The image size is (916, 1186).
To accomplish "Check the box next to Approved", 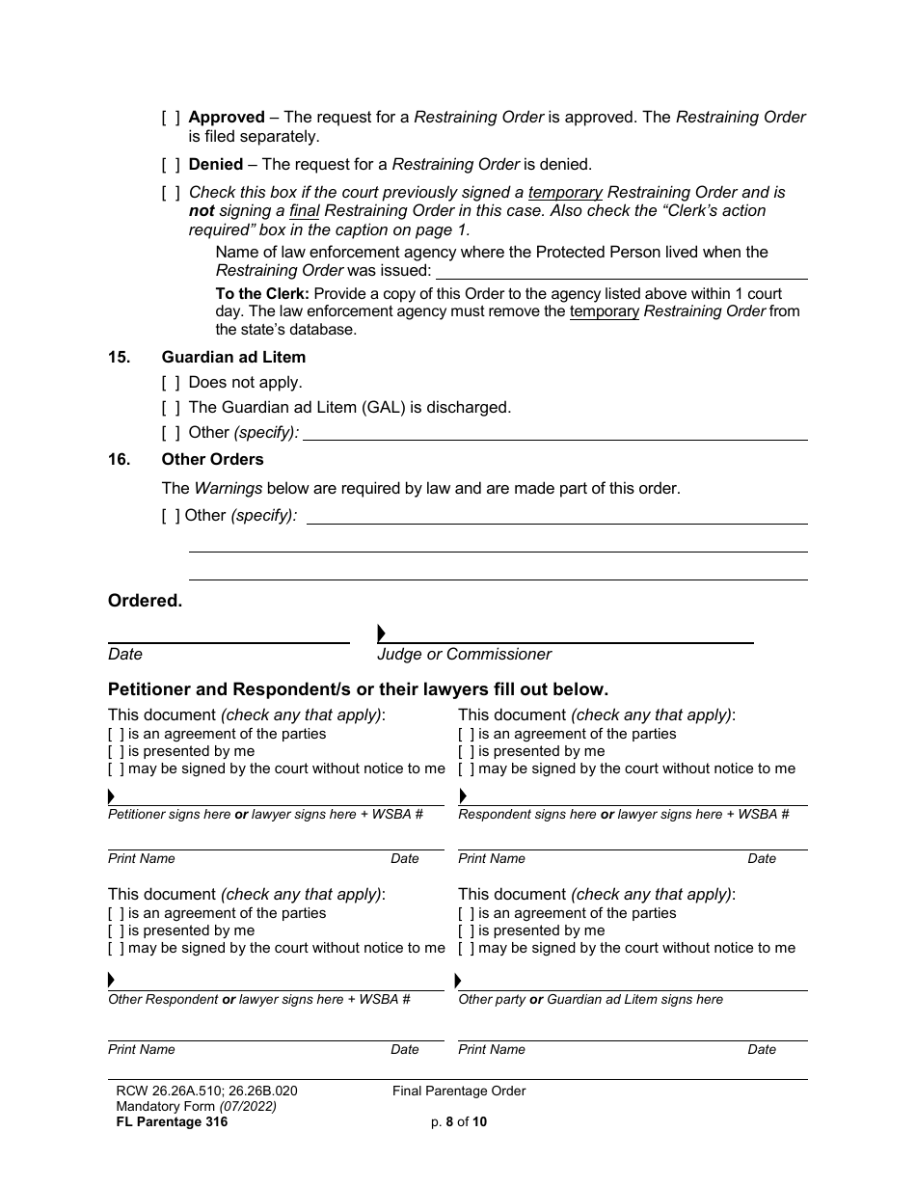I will [x=171, y=118].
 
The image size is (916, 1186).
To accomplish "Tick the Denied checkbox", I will [x=171, y=165].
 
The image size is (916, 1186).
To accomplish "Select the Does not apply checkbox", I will [x=171, y=383].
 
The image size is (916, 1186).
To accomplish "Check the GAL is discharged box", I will [x=171, y=408].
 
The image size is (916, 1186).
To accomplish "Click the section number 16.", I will [x=119, y=460].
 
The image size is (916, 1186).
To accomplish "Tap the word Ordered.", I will [x=145, y=601].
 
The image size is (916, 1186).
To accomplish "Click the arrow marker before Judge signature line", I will [x=382, y=633].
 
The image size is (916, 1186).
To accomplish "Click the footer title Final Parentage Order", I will [x=459, y=1092].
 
